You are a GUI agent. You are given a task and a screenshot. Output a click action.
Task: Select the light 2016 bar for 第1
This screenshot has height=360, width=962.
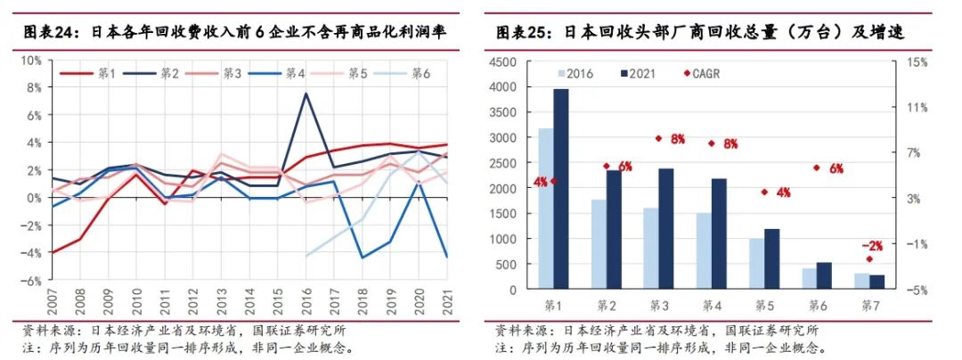point(545,209)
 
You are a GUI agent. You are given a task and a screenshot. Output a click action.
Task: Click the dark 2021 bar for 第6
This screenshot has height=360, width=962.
point(824,276)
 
